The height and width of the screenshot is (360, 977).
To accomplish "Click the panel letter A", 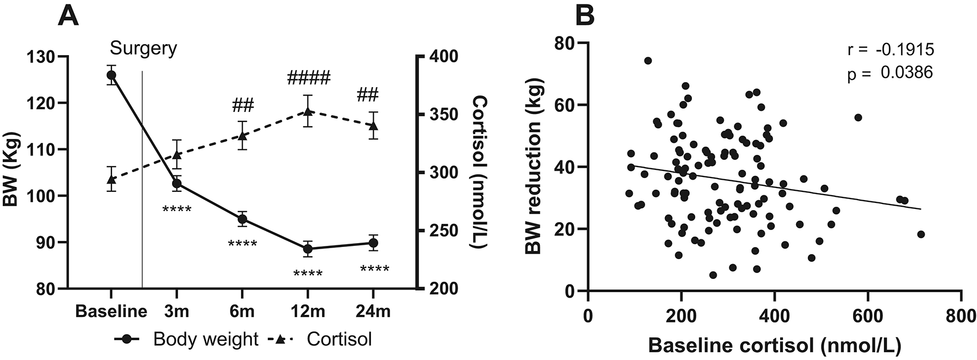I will point(68,15).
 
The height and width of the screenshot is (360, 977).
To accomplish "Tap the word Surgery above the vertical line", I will point(143,49).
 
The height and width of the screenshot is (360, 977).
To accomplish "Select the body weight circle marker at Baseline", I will point(111,75).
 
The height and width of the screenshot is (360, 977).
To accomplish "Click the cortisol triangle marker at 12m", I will point(308,112).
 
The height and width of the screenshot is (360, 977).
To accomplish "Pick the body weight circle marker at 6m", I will point(242,219).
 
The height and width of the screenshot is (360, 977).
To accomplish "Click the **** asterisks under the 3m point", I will point(177,209).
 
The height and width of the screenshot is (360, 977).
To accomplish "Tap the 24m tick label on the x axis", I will point(373,311).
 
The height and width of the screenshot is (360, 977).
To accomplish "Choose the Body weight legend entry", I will point(187,339).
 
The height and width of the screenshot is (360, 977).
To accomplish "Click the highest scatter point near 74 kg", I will point(648,61).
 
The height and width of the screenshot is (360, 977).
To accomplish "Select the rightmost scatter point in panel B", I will point(920,234).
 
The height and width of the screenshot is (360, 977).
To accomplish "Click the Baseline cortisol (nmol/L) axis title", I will point(775,346).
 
